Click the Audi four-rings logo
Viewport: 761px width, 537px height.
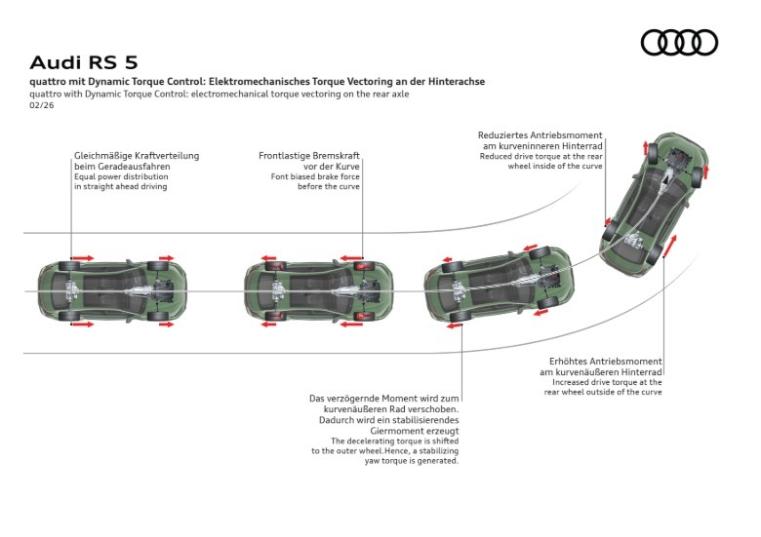tap(679, 43)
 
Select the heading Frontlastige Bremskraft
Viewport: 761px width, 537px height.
tap(309, 156)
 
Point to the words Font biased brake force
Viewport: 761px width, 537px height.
tap(315, 176)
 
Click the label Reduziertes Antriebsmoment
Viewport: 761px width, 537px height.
tap(540, 135)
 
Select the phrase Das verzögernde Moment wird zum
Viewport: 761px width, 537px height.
tap(384, 399)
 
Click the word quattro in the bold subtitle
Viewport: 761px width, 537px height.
tap(48, 82)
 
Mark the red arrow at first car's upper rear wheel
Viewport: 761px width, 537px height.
tap(83, 258)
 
